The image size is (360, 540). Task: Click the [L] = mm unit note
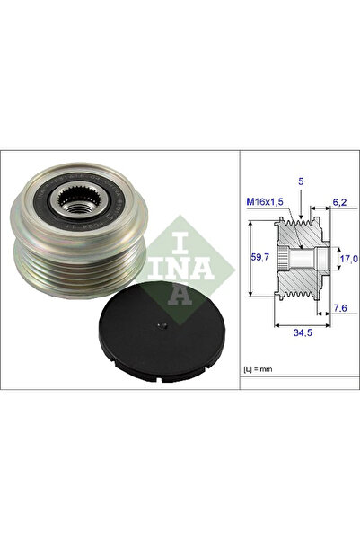click(261, 369)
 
